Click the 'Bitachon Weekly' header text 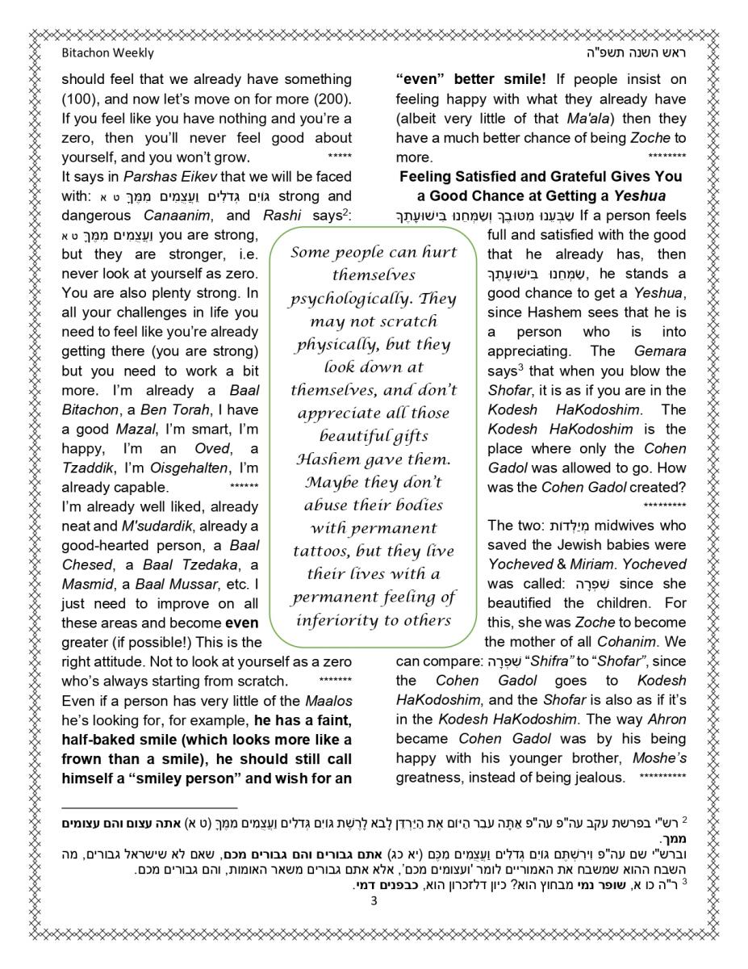[107, 53]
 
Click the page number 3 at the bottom [374, 901]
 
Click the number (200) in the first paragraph [332, 99]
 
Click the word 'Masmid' [83, 584]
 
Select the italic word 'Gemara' [660, 351]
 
